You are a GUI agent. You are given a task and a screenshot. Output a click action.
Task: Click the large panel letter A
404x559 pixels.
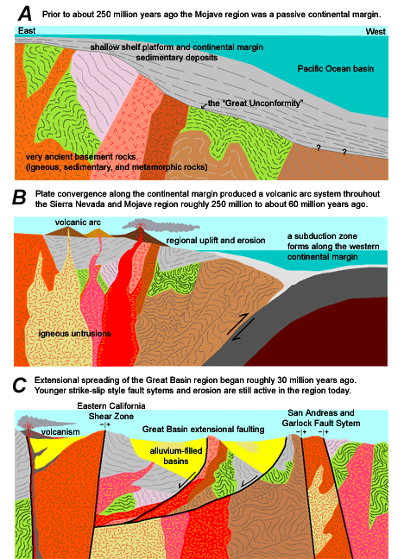(x=25, y=14)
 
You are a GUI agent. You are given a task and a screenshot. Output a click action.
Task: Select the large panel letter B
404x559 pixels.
(x=19, y=198)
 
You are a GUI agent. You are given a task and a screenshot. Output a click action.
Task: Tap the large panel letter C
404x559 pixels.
(x=19, y=385)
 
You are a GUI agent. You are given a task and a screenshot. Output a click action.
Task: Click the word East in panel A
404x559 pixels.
(x=27, y=31)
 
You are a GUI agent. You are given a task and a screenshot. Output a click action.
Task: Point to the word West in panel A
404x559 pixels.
(x=376, y=31)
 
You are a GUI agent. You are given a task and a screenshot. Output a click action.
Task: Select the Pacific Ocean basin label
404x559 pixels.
(x=336, y=68)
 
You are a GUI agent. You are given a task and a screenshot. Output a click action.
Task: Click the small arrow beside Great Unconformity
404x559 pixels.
(x=204, y=105)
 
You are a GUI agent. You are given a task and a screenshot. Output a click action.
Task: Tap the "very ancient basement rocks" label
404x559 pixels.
(x=80, y=157)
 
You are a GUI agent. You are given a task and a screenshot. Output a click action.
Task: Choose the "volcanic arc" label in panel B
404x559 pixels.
(x=78, y=222)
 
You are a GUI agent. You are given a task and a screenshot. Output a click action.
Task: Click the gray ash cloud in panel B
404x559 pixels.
(x=161, y=226)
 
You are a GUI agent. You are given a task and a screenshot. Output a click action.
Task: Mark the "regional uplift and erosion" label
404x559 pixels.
(x=216, y=241)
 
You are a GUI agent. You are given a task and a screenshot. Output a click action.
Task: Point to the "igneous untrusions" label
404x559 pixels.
(x=74, y=334)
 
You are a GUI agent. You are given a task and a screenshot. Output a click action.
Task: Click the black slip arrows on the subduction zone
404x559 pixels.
(x=241, y=326)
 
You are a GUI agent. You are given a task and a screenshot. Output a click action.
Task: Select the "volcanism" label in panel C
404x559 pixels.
(x=60, y=432)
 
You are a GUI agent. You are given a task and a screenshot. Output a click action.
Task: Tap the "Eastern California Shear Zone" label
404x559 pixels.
(x=111, y=411)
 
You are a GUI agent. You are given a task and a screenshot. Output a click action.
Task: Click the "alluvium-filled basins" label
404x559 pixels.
(x=176, y=456)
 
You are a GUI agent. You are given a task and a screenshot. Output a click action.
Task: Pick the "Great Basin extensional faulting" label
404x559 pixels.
(x=204, y=430)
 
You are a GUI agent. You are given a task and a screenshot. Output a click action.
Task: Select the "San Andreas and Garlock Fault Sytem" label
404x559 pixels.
(x=321, y=418)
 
